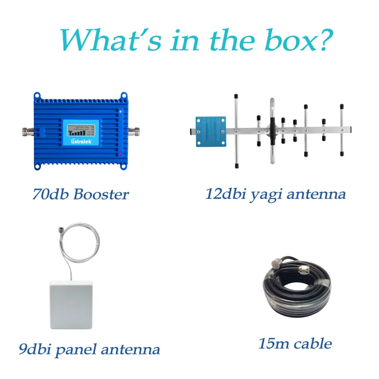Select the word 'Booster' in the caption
click(x=100, y=194)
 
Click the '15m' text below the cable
click(x=273, y=343)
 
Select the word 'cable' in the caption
click(x=313, y=343)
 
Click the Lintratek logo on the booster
click(x=73, y=140)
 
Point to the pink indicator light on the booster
click(x=121, y=154)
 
